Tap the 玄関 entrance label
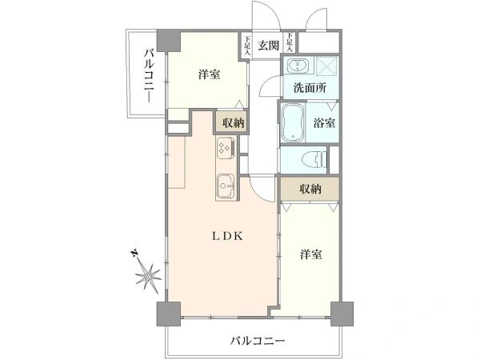[268, 46]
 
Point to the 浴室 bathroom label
[325, 124]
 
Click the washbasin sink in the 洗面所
[297, 66]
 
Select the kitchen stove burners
[224, 149]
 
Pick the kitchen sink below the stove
[225, 185]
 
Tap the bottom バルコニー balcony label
[258, 341]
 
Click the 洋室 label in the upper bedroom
[210, 74]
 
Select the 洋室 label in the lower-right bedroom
[311, 254]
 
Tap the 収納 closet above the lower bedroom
[310, 189]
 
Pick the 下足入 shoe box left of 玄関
[248, 46]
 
